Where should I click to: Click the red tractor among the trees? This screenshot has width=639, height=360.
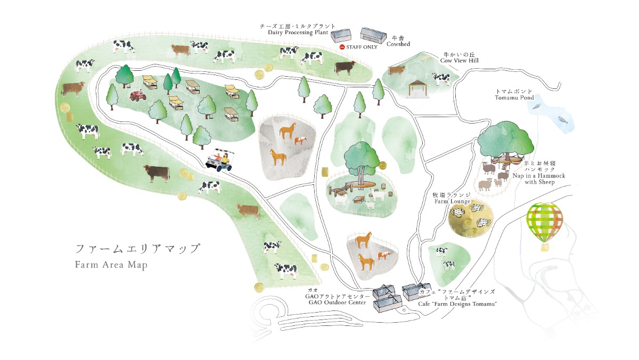138,95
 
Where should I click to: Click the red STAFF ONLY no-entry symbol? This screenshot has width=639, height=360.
342,47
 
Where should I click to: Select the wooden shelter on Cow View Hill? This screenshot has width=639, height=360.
417,88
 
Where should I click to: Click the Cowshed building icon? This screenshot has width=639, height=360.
375,36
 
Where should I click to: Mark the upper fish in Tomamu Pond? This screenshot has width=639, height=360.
538,107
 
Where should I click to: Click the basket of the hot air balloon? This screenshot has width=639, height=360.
545,247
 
